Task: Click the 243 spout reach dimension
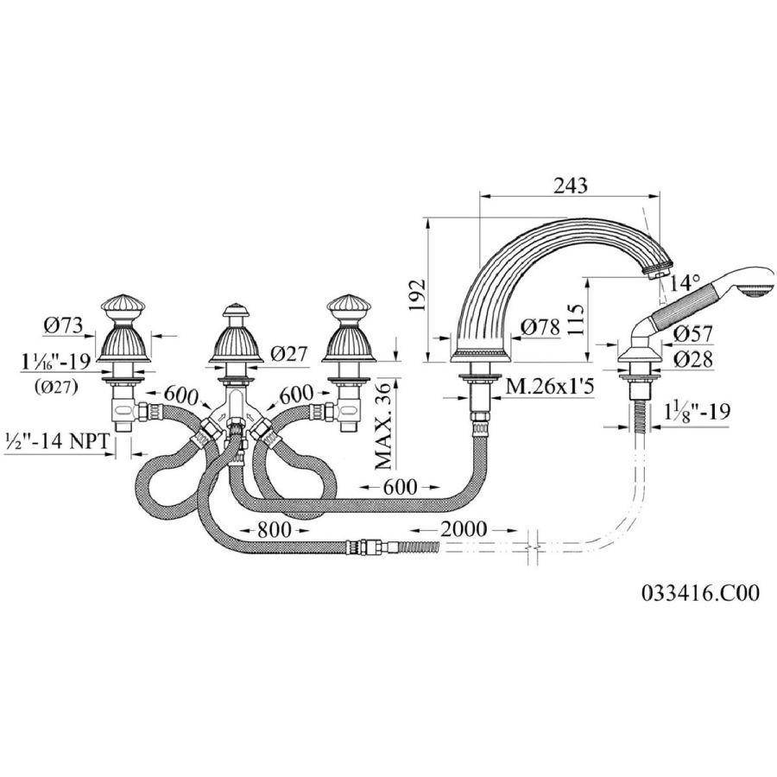pos(571,186)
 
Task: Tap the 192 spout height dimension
pos(417,295)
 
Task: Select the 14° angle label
pos(685,283)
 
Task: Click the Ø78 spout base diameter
pos(540,326)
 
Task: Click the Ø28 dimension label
pos(692,359)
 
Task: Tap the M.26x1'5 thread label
pos(548,387)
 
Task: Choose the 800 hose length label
pos(274,530)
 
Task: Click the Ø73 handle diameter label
pos(63,325)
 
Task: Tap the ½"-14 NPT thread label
pos(56,440)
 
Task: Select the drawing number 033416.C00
pos(700,592)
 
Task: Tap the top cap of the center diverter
pos(236,309)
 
